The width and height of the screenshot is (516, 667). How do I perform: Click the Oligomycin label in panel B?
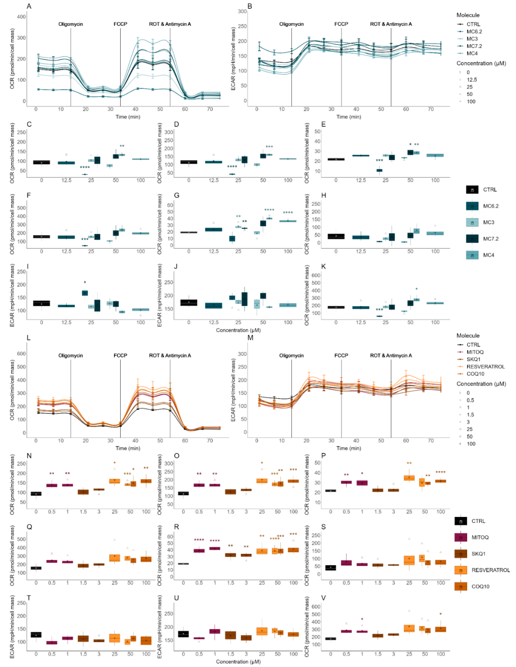click(291, 24)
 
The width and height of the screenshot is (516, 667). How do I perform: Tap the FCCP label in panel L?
click(120, 356)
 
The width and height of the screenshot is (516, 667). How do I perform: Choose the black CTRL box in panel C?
click(41, 162)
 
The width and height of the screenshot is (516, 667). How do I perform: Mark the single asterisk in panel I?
click(85, 282)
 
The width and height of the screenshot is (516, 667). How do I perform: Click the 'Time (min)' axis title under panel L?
click(128, 448)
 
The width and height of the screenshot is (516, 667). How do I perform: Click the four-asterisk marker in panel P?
click(440, 472)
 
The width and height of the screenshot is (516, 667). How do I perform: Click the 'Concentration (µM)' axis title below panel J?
click(238, 330)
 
